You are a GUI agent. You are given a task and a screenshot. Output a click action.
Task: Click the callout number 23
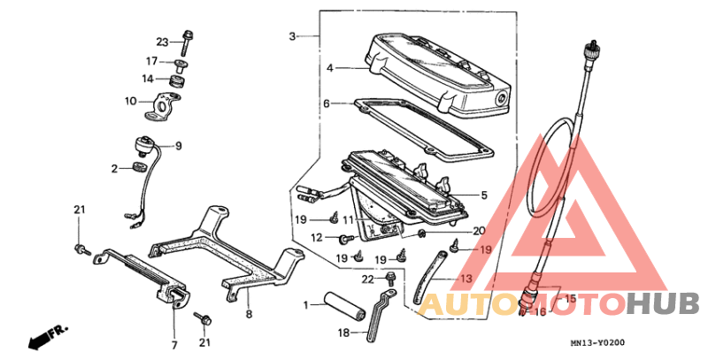point(162,42)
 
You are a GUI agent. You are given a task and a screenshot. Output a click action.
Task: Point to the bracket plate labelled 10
point(163,105)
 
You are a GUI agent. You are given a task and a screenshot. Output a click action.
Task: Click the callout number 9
point(179,146)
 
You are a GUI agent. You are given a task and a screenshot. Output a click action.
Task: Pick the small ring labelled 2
point(140,167)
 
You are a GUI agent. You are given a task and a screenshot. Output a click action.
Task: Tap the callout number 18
point(343,333)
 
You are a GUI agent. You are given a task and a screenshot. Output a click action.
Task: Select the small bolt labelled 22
point(389,280)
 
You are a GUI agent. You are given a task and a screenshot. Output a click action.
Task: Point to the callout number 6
point(327,103)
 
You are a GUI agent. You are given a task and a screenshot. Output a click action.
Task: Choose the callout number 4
point(330,68)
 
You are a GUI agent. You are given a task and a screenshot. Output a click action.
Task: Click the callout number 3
point(293,36)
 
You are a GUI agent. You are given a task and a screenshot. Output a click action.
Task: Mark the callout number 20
point(479,231)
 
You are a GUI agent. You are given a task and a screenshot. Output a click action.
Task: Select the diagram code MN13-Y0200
point(597,343)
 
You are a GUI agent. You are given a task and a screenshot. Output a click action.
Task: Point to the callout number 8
point(249,314)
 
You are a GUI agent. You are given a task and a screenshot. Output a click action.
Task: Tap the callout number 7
point(174,346)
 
